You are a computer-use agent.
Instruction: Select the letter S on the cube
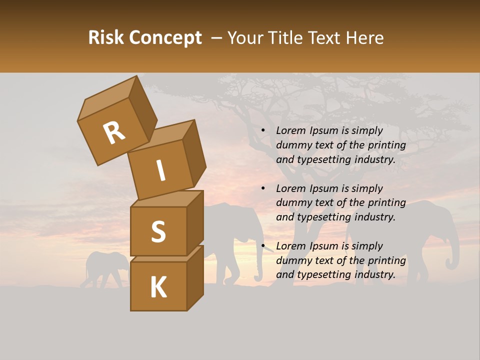point(158,231)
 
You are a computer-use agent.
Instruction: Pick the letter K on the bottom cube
point(158,287)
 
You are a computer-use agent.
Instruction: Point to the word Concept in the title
point(165,38)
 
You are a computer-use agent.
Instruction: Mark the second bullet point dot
point(263,188)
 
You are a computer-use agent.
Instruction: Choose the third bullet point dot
point(263,246)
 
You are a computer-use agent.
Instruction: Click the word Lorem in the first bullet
point(290,131)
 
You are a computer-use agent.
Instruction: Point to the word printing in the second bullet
point(387,203)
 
